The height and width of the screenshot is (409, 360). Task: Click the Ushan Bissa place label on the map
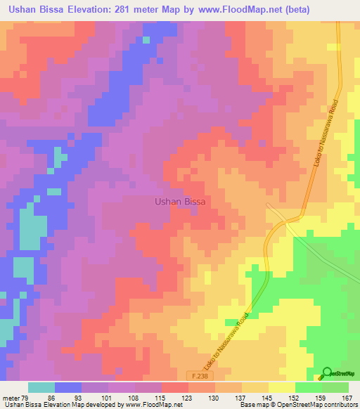[x=179, y=202]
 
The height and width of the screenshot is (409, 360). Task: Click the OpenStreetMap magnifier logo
[x=327, y=372]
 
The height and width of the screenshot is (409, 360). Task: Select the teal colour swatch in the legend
[x=41, y=388]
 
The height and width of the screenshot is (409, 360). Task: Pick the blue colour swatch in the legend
[x=68, y=388]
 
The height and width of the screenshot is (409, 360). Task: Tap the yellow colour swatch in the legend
[x=255, y=388]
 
